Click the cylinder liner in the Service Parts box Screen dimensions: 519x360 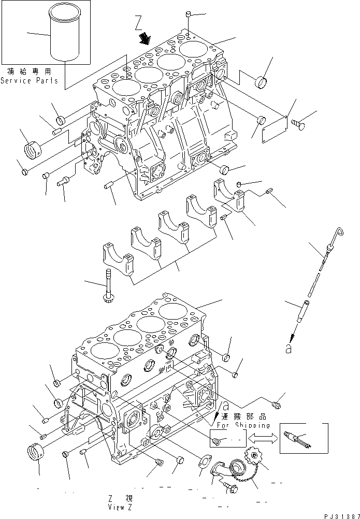[65, 38]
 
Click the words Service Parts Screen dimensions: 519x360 [29, 80]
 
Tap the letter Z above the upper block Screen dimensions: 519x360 [137, 23]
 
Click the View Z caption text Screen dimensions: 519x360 [120, 503]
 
